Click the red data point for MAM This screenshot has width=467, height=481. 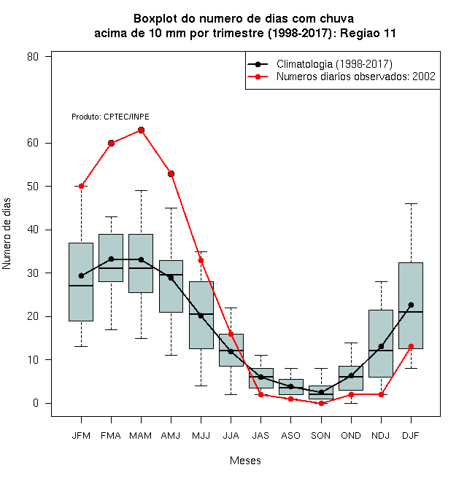141,130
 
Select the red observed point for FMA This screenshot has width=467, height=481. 111,144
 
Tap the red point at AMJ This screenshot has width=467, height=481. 171,174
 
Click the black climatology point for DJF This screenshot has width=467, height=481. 411,305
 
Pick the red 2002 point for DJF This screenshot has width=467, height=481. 411,347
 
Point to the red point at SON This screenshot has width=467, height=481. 321,404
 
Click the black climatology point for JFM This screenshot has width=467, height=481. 81,275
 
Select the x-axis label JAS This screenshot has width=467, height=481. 260,436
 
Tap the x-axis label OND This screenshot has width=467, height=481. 350,436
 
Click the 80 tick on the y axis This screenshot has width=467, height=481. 33,57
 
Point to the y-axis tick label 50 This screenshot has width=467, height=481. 33,187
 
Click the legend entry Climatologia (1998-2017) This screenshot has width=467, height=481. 334,64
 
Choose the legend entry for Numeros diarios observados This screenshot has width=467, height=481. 356,77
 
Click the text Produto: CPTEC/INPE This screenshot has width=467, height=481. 110,117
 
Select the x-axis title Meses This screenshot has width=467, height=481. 245,461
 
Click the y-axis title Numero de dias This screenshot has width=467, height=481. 7,234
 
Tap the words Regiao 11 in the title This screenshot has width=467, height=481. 368,33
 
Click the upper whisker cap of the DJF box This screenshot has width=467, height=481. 411,203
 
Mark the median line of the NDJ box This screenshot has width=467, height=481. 381,351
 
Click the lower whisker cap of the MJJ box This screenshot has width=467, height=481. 201,386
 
